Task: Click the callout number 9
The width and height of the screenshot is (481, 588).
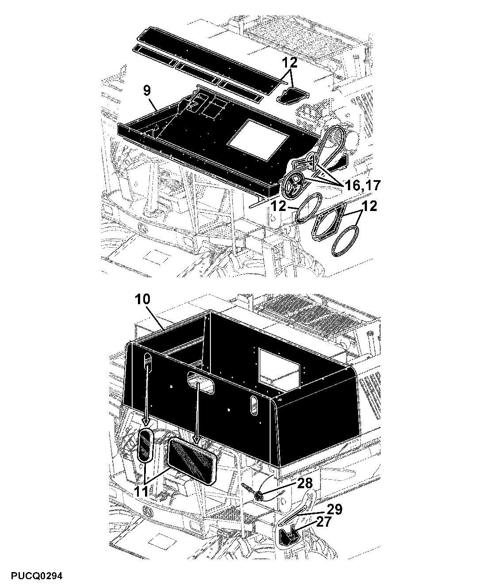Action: pyautogui.click(x=147, y=91)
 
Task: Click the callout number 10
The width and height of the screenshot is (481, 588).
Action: pyautogui.click(x=142, y=299)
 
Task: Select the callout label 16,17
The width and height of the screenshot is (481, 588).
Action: pyautogui.click(x=363, y=185)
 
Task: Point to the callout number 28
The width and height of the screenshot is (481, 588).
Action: pyautogui.click(x=305, y=484)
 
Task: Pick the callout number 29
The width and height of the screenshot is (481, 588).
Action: pyautogui.click(x=334, y=509)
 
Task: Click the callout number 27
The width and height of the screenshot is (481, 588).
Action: pyautogui.click(x=324, y=522)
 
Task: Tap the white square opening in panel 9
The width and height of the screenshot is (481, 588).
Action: pyautogui.click(x=258, y=140)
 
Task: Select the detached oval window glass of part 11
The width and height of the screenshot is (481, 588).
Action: pyautogui.click(x=145, y=449)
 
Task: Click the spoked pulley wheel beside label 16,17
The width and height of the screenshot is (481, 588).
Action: pyautogui.click(x=293, y=185)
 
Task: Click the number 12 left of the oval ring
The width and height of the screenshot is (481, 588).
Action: pyautogui.click(x=279, y=207)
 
